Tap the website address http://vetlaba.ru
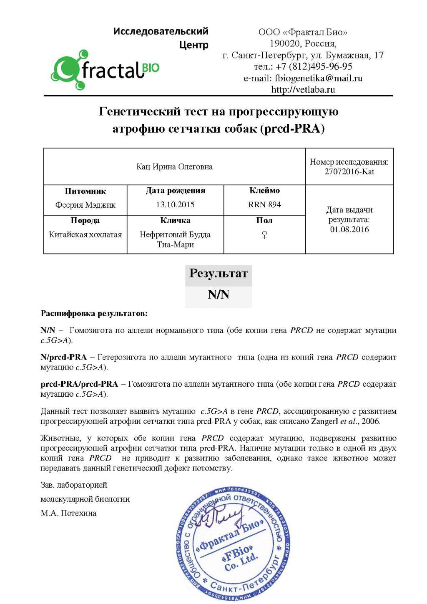tap(303, 89)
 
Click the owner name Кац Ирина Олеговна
tap(174, 166)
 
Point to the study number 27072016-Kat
tap(349, 171)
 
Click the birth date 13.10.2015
tap(175, 204)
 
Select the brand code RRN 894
tap(264, 204)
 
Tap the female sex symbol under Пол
tap(264, 235)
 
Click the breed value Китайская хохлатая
tap(85, 234)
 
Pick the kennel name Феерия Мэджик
tap(85, 205)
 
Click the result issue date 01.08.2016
tap(349, 229)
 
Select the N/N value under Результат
tap(219, 295)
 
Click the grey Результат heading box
tap(219, 274)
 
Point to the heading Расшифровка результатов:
tap(94, 313)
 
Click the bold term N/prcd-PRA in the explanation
tap(64, 357)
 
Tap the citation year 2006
tap(370, 421)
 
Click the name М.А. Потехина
tap(68, 513)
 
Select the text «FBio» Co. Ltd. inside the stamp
tap(240, 557)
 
